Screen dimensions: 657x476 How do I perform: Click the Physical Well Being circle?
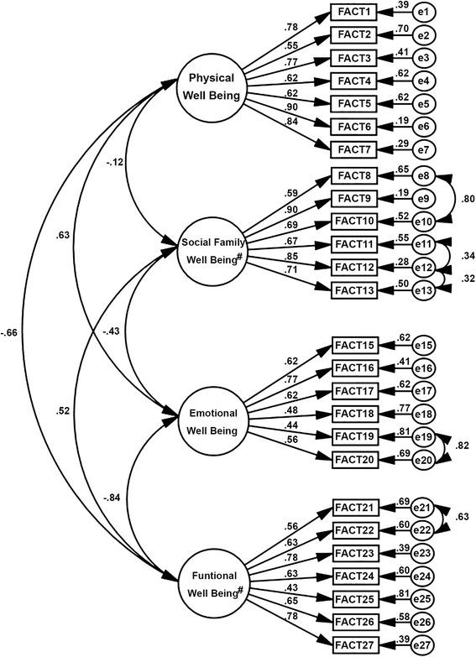[x=212, y=85]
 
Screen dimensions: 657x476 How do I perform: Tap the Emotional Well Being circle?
[x=212, y=421]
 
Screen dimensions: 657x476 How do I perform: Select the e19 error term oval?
[x=425, y=436]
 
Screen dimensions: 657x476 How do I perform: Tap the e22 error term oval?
[x=425, y=530]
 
